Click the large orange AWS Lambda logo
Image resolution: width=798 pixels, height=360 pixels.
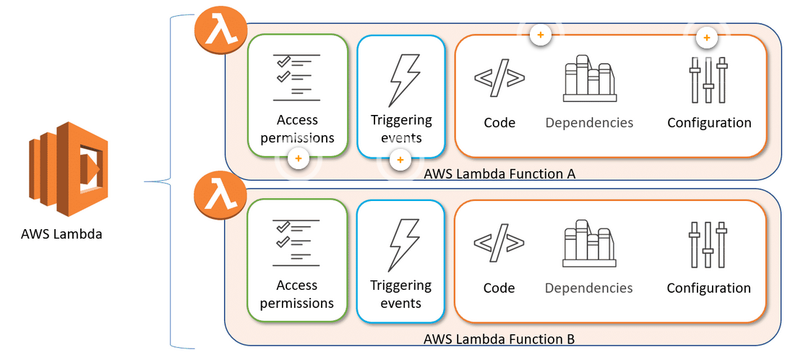(69, 168)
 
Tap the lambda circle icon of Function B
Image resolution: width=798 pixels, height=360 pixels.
(220, 196)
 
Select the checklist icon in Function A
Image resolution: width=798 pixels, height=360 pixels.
(296, 77)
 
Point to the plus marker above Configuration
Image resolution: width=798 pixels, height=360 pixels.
(707, 37)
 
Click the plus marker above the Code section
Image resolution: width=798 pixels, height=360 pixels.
(539, 34)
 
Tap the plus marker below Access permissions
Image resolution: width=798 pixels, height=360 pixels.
(297, 158)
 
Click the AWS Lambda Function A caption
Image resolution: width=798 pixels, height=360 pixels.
(499, 173)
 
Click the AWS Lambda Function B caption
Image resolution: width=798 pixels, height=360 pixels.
(499, 338)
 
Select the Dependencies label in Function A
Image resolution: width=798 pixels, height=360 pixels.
(589, 123)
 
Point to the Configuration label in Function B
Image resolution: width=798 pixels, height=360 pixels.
(708, 288)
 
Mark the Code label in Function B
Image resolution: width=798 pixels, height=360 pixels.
(499, 288)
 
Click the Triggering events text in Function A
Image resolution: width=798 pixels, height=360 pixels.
(401, 129)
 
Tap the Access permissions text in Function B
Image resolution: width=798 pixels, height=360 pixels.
(297, 294)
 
